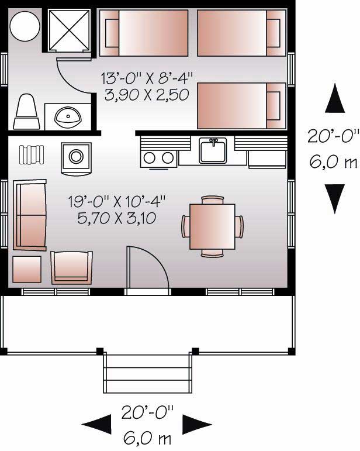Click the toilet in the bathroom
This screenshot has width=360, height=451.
26,113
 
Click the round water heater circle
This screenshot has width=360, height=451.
25,25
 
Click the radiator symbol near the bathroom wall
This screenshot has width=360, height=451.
33,154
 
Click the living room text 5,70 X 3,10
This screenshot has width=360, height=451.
118,221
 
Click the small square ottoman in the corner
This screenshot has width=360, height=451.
27,269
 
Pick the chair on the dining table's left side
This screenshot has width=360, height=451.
186,226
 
